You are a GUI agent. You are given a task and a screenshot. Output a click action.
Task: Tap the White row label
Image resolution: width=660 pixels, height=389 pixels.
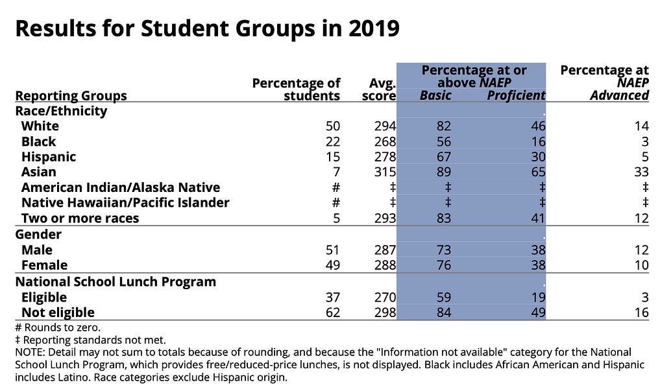coord(40,126)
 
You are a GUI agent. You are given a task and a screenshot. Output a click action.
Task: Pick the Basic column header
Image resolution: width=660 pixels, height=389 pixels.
coord(435,95)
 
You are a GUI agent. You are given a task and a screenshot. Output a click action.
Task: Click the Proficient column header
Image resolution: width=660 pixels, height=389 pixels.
coord(516,95)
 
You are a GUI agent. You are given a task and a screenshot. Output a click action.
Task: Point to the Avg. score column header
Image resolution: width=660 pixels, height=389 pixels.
coord(378,89)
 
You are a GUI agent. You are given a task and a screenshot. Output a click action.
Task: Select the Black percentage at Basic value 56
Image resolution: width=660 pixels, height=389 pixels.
coord(443,141)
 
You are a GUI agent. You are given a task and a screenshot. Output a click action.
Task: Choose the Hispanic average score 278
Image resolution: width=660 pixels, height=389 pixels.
coord(385,157)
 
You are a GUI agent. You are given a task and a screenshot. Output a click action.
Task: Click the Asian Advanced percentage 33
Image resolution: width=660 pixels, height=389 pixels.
coord(641,172)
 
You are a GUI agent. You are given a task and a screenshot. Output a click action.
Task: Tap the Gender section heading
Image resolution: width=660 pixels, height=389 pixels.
coord(38,234)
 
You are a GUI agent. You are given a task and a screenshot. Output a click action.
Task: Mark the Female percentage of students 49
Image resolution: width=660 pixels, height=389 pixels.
coord(332,265)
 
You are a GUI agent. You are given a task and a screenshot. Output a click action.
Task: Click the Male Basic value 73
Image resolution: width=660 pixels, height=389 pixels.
coord(443,250)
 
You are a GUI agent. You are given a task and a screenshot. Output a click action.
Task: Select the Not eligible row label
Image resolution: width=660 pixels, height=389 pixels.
coord(58,312)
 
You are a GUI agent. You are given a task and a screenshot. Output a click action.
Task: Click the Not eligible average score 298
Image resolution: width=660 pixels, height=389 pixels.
coord(385,312)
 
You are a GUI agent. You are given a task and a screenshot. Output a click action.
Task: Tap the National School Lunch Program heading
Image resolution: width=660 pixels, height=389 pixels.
coord(116,282)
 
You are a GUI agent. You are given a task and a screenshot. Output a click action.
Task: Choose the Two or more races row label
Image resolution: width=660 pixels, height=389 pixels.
coord(80,218)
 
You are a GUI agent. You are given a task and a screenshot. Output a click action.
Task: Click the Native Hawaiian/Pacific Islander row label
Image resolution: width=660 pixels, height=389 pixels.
coord(125,202)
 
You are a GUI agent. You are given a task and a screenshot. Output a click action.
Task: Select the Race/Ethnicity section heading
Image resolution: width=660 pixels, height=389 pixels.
coord(61,110)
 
